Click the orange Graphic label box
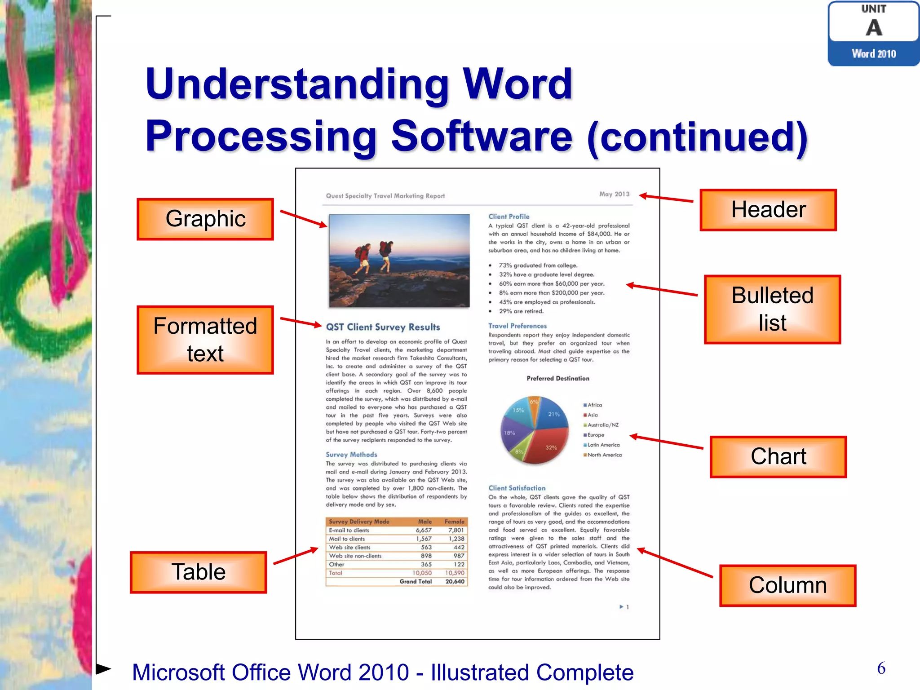[205, 219]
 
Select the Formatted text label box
[205, 340]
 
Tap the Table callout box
[198, 572]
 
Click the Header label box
[768, 210]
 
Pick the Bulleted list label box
[772, 309]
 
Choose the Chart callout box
[778, 456]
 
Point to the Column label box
[787, 585]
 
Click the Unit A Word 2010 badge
[873, 34]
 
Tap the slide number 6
[881, 668]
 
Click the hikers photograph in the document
[399, 261]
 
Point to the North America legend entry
[604, 455]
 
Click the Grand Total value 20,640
[455, 581]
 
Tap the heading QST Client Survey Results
[383, 327]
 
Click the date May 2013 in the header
[614, 194]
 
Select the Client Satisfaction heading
[517, 488]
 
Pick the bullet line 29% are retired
[521, 311]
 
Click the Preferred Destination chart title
[557, 378]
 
